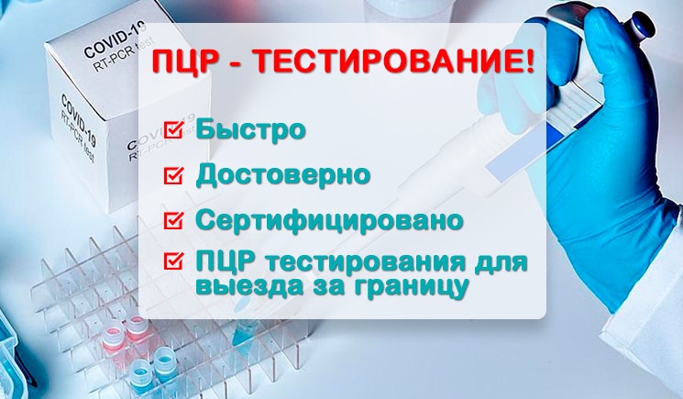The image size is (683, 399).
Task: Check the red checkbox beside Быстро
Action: coord(171,128)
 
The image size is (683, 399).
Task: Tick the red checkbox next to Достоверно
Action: coord(171,174)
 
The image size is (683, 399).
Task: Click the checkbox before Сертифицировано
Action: coord(171,220)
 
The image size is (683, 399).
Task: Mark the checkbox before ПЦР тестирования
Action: coord(171,262)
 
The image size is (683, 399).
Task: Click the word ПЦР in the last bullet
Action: coord(226,263)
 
